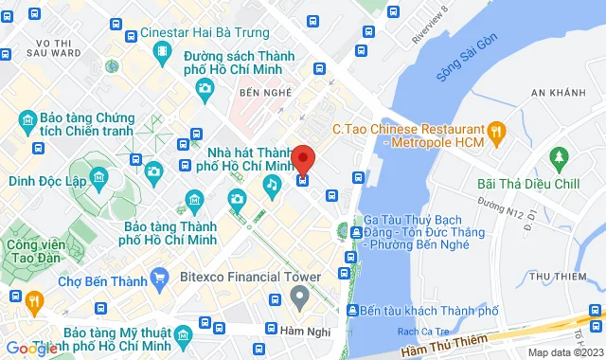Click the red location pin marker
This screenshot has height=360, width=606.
click(302, 158)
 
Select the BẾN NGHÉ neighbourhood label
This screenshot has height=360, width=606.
click(262, 95)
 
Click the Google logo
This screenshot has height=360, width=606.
click(30, 348)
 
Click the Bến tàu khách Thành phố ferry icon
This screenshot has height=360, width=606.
click(351, 311)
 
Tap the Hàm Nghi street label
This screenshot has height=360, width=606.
click(300, 330)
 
